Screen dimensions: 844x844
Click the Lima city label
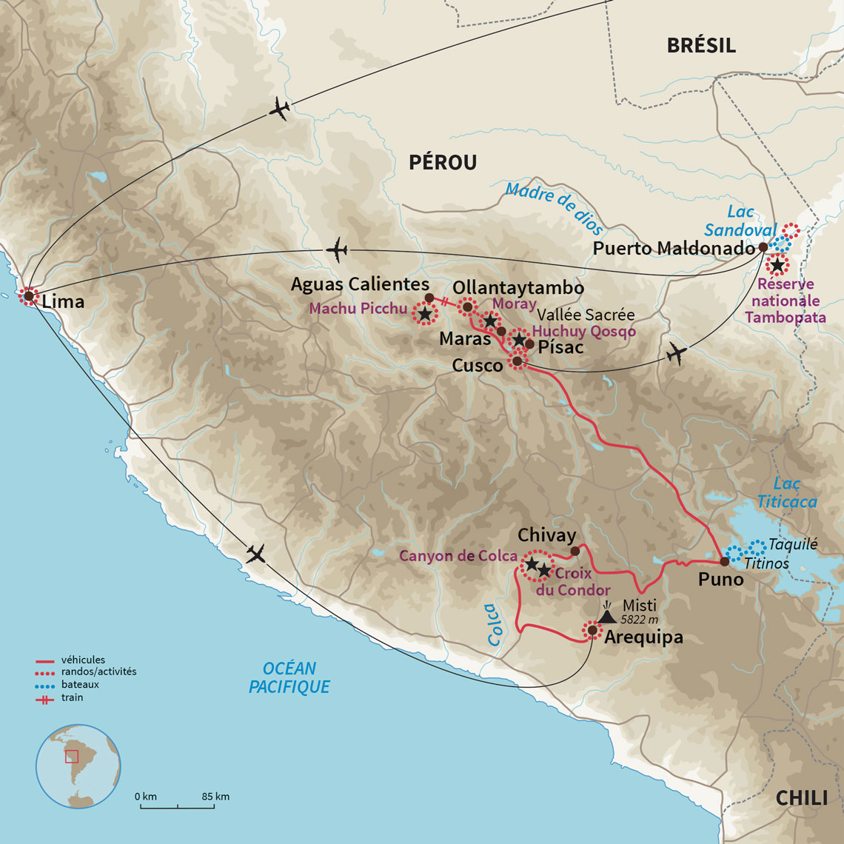click(x=63, y=301)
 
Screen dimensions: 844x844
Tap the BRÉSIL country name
click(x=700, y=45)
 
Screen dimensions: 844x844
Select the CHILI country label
click(x=801, y=798)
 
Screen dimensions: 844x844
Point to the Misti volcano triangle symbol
click(x=607, y=615)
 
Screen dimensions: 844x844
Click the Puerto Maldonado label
click(x=674, y=249)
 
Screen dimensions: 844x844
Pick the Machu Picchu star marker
click(x=424, y=314)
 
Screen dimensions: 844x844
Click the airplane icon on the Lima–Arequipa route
click(x=256, y=553)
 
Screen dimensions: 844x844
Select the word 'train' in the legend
click(x=72, y=697)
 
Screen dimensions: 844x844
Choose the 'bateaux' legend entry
click(x=80, y=685)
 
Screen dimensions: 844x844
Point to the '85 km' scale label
click(x=215, y=797)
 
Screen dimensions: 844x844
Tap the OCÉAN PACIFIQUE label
click(x=289, y=677)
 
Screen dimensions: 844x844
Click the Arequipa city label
click(x=643, y=637)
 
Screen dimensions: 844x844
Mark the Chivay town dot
click(x=575, y=551)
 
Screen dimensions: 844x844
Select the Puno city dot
click(x=724, y=561)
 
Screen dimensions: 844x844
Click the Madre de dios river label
click(x=555, y=209)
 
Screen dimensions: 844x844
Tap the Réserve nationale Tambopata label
click(x=785, y=301)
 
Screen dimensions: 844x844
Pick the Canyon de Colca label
click(x=458, y=556)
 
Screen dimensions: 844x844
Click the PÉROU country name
click(x=443, y=162)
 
